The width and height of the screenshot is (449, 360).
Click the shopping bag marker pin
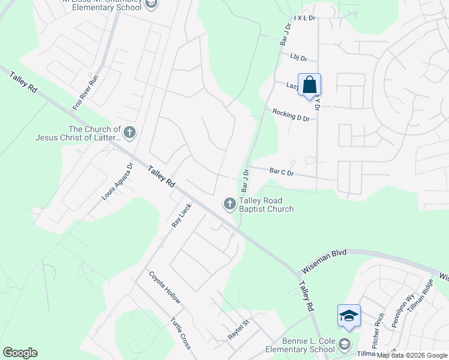(309, 85)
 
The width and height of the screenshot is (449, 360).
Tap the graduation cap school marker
(349, 316)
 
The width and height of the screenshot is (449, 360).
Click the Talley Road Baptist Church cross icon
(229, 205)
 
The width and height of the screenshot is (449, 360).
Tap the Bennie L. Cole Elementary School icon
(344, 345)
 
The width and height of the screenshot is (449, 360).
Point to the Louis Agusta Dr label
(117, 181)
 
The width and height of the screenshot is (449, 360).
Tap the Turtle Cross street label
(181, 333)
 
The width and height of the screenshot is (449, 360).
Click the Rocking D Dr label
(291, 115)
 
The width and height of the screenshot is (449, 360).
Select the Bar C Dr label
(282, 172)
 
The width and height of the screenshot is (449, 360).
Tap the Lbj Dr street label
(298, 58)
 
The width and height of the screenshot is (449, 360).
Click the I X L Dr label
(305, 19)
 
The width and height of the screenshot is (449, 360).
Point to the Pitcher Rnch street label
(378, 325)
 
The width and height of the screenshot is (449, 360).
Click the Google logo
(20, 353)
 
